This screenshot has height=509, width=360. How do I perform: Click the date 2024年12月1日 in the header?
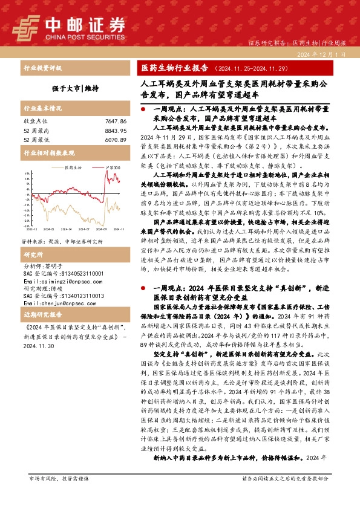tap(321, 54)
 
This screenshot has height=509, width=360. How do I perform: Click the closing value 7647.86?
tap(115, 122)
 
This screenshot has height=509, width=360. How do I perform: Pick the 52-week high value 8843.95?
tap(115, 130)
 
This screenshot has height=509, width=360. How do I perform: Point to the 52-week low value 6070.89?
tap(115, 139)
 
